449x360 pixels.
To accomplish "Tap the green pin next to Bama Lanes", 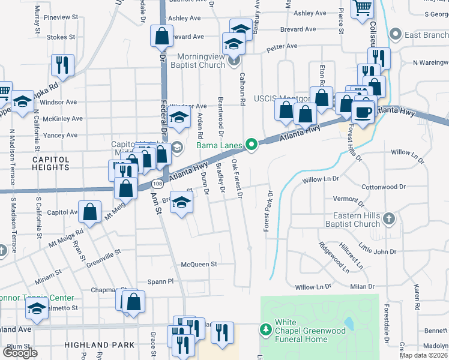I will (x=252, y=144).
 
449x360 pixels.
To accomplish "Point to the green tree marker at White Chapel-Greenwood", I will (x=265, y=329).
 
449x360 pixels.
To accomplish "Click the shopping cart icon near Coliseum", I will (x=363, y=8).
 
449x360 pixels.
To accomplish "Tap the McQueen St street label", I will (x=199, y=264).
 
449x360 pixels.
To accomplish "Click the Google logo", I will (x=20, y=352).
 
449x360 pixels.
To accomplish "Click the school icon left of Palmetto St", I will (x=37, y=310).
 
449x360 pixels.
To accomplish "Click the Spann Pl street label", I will (x=161, y=281).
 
